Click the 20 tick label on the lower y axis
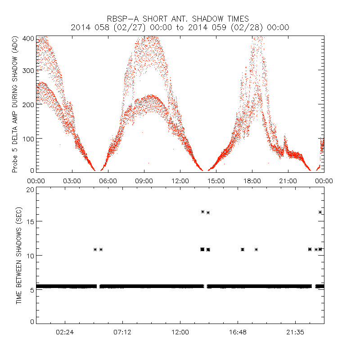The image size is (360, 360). (x=31, y=189)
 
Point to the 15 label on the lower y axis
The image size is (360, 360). (x=31, y=221)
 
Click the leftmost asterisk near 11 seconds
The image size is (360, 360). (x=95, y=249)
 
